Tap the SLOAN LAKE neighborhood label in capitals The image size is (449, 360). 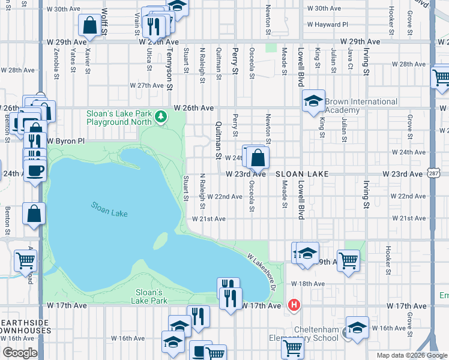pyautogui.click(x=302, y=173)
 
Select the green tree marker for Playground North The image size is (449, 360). pyautogui.click(x=160, y=116)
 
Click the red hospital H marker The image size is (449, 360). pyautogui.click(x=294, y=305)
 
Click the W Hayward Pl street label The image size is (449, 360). pyautogui.click(x=327, y=25)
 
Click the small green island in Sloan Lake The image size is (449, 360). pyautogui.click(x=160, y=241)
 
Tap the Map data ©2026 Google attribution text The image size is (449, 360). pyautogui.click(x=411, y=355)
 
